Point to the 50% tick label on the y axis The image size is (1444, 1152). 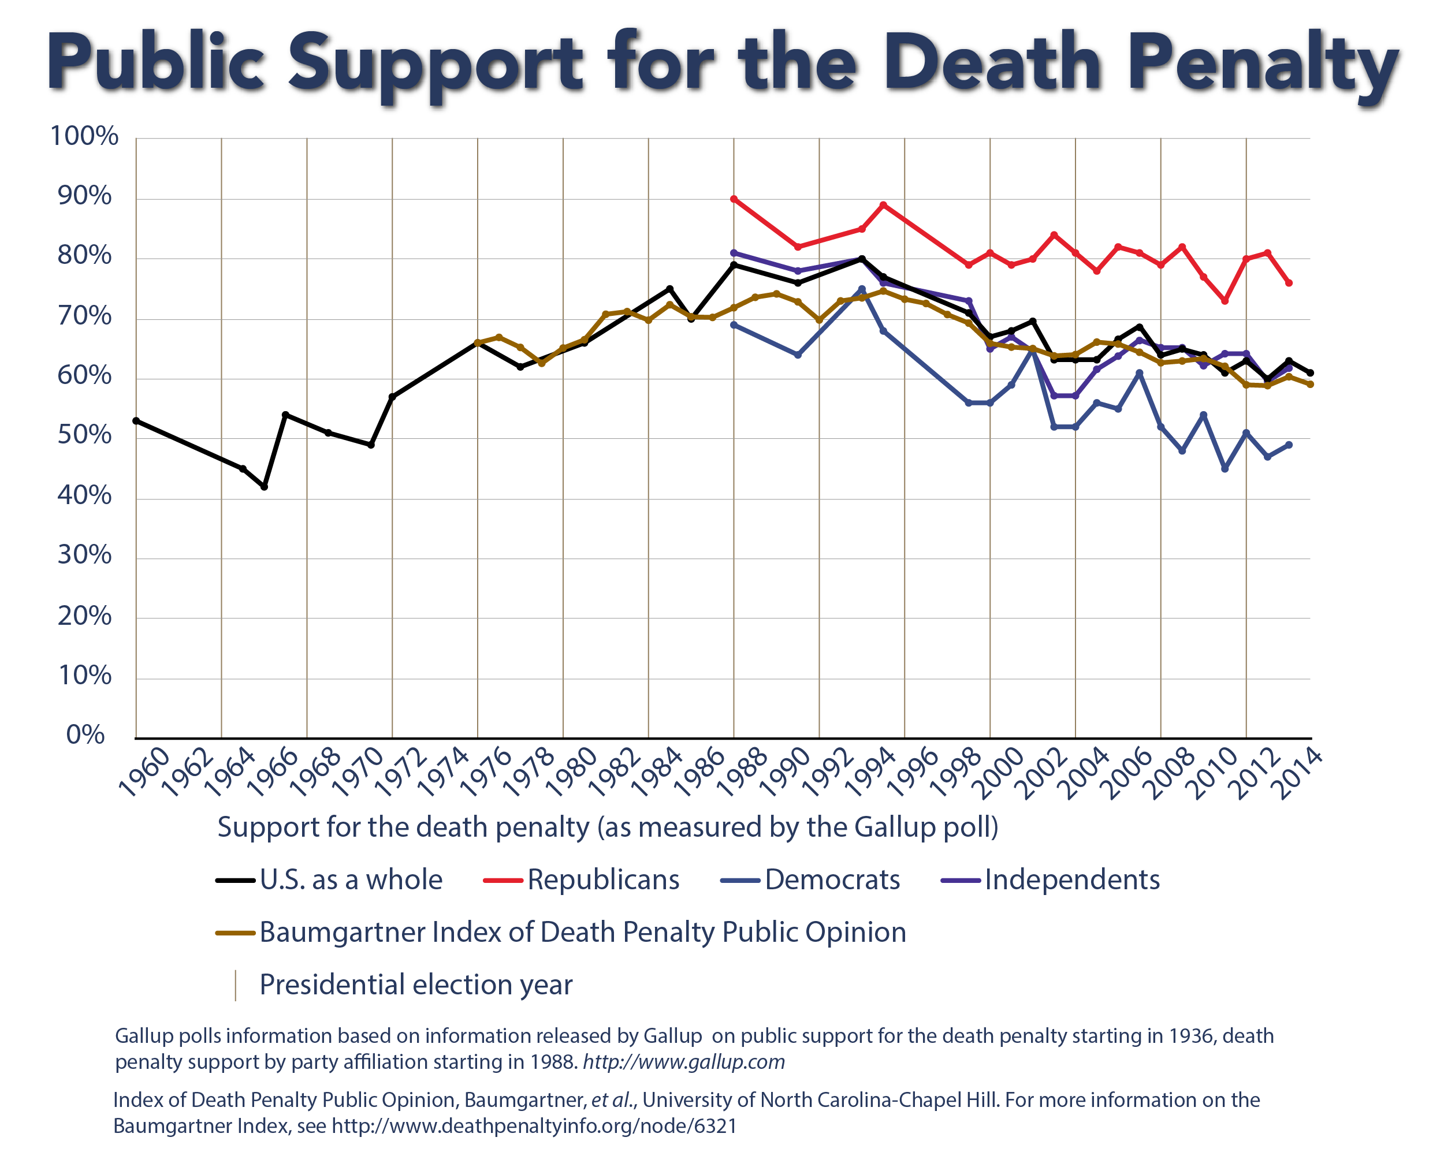pos(84,435)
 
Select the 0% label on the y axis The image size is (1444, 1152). pos(85,735)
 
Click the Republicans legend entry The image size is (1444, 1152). pos(603,879)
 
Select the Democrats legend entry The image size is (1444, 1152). pos(832,879)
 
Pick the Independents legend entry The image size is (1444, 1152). pos(1071,879)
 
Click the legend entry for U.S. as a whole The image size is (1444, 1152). pos(351,879)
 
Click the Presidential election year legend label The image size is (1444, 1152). pos(416,985)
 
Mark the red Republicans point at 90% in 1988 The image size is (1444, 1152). pos(734,199)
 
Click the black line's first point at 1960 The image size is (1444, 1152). pos(136,420)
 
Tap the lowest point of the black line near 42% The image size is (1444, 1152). pos(265,487)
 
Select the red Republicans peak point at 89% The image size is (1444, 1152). pos(883,205)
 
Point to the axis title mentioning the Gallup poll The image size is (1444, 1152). pos(608,827)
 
